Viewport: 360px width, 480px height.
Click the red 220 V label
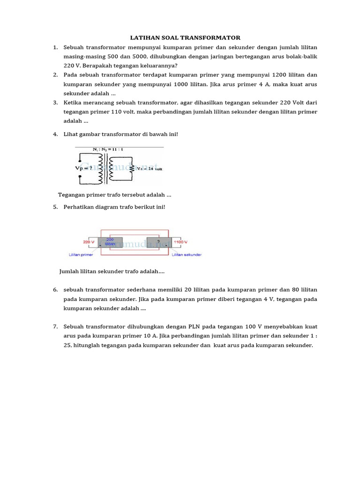(x=89, y=242)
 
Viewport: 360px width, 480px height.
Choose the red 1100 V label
(x=181, y=242)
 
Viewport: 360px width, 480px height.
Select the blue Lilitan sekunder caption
(x=187, y=255)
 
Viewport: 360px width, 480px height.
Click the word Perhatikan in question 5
(x=78, y=207)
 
